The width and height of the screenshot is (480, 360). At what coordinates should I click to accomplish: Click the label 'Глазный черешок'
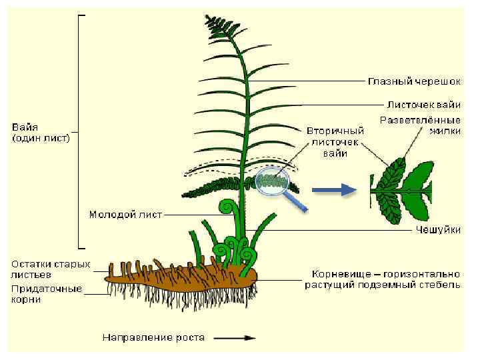pos(413,81)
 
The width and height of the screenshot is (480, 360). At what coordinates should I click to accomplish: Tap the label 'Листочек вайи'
pos(423,104)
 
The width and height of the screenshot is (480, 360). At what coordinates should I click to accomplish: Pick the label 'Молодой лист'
pos(125,215)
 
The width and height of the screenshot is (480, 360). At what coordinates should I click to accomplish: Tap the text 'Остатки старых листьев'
pos(50,269)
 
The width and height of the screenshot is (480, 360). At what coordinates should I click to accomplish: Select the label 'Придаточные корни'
pos(46,294)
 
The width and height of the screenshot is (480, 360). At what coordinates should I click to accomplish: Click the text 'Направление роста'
pos(153,337)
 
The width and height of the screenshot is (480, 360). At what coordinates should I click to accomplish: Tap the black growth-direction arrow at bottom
pos(240,337)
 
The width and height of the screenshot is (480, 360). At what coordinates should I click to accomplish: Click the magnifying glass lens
pos(272,181)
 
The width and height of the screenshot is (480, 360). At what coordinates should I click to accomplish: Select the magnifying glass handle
pos(297,201)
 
